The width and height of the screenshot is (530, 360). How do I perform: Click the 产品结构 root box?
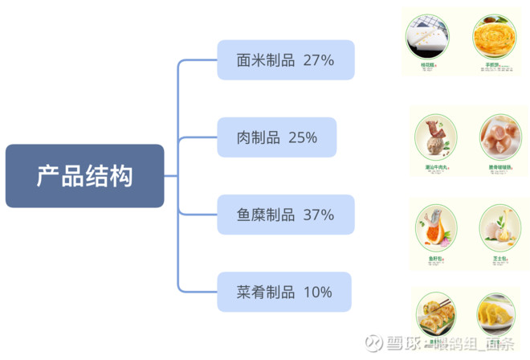(84, 176)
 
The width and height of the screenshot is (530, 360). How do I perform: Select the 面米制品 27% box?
(285, 59)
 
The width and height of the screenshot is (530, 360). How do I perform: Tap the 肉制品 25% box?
(276, 137)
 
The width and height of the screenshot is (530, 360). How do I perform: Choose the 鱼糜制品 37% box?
(285, 215)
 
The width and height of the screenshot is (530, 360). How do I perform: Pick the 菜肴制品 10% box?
(283, 292)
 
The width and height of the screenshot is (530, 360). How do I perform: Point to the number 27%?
(319, 59)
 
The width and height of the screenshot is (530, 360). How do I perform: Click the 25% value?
(302, 137)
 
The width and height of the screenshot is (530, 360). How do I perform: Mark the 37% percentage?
(319, 215)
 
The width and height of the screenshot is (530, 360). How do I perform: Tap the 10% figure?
(317, 292)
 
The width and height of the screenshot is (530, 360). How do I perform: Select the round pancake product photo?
(492, 35)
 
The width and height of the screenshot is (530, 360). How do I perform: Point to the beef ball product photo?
(436, 137)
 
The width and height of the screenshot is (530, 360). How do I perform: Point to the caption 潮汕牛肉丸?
(436, 168)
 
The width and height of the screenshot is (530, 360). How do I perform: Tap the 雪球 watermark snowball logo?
(373, 344)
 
